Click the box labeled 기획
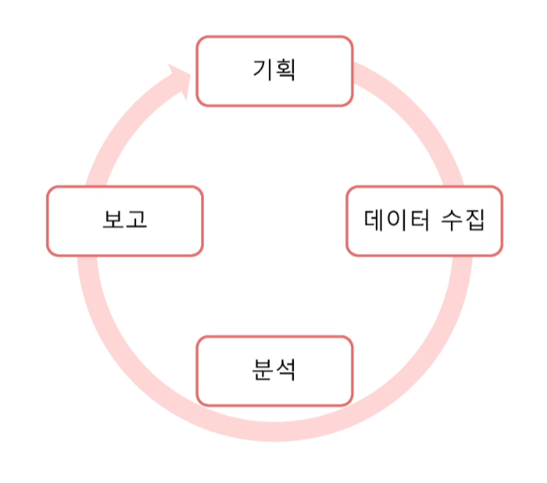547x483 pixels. (274, 71)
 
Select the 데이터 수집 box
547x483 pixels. (424, 221)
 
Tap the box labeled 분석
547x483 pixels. (274, 370)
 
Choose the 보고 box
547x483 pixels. (124, 221)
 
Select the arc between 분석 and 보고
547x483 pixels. (125, 334)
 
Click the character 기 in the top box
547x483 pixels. (263, 69)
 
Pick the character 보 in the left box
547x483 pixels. (114, 221)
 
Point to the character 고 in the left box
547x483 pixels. (136, 221)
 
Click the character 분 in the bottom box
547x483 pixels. (262, 369)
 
